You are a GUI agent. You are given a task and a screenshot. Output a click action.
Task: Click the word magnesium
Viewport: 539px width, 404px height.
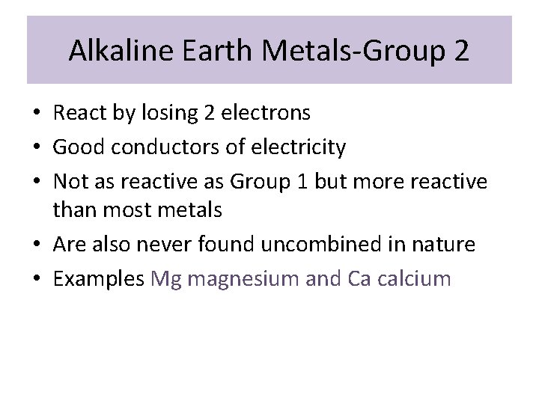pyautogui.click(x=239, y=280)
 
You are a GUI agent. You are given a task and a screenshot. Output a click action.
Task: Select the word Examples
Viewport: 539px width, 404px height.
pyautogui.click(x=98, y=279)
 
